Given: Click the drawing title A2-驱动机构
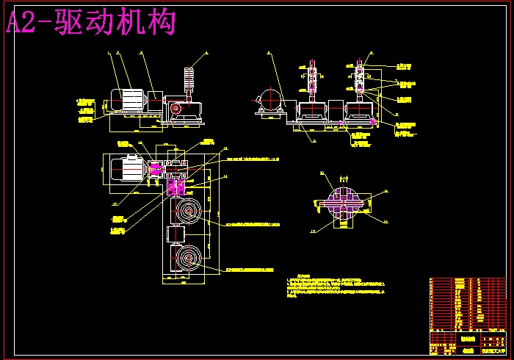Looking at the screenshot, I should (91, 23).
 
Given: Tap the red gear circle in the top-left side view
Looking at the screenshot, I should (176, 108).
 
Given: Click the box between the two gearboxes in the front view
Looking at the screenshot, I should (337, 112).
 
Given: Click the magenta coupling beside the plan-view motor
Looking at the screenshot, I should (155, 170).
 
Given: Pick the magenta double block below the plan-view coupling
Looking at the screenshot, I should (175, 187).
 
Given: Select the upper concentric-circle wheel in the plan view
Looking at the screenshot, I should (188, 212).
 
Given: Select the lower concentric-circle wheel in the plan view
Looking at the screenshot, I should (188, 260).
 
